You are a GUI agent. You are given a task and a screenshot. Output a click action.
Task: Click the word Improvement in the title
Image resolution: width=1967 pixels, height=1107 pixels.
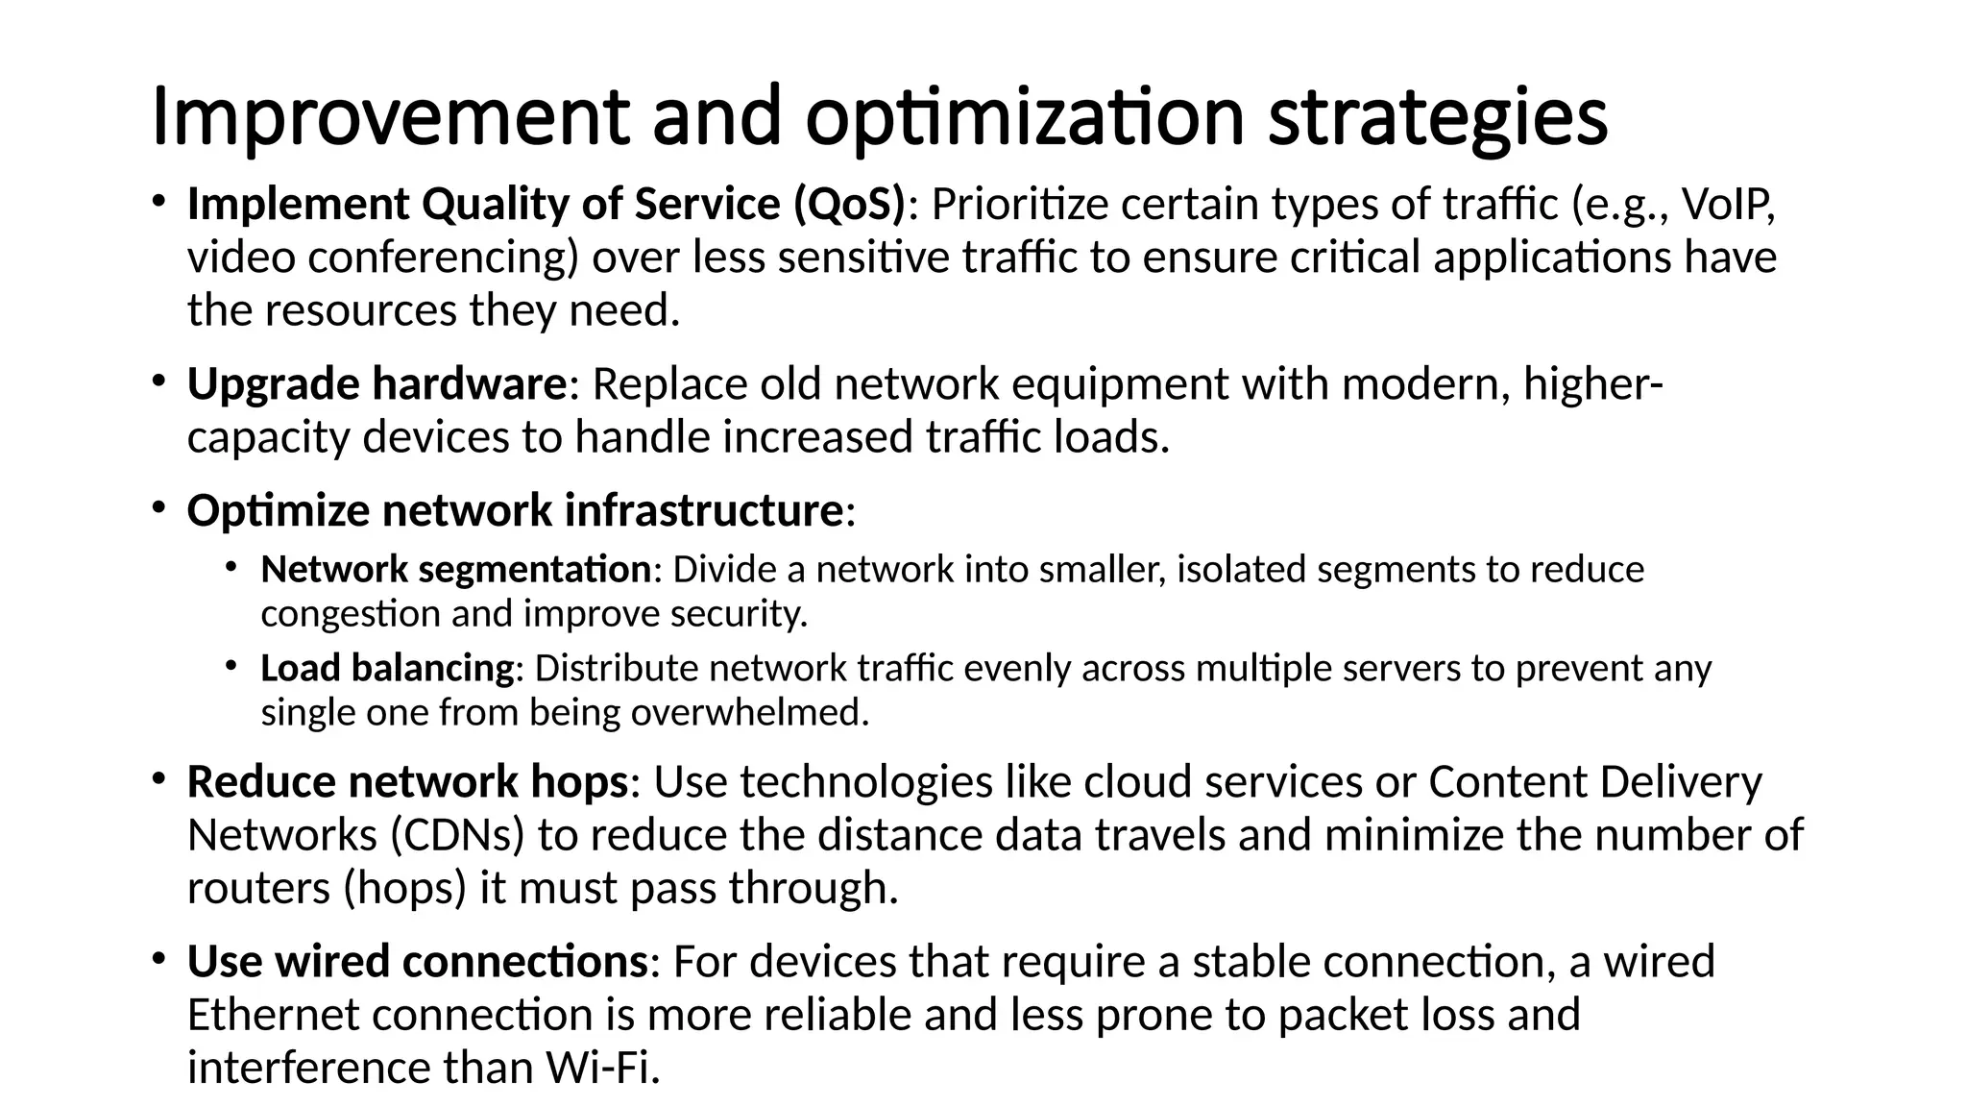(x=390, y=117)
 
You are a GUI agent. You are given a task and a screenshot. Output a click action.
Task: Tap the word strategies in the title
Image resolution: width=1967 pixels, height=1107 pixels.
(x=1437, y=117)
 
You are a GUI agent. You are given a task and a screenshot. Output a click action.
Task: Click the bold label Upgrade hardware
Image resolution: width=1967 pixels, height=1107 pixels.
(x=376, y=384)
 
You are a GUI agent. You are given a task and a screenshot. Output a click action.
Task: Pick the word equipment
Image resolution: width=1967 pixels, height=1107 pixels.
(x=1120, y=384)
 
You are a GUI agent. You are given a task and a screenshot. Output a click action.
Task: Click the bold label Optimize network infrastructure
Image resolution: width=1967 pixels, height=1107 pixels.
(x=515, y=510)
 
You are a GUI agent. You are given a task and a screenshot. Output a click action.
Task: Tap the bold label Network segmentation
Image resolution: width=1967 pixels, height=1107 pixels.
(x=456, y=570)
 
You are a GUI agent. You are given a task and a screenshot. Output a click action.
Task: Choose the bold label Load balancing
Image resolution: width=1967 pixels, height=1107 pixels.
(x=387, y=668)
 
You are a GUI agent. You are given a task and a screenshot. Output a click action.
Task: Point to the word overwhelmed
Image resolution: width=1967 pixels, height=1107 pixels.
(x=748, y=712)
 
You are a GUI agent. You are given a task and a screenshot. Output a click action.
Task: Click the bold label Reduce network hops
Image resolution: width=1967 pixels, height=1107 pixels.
(x=407, y=782)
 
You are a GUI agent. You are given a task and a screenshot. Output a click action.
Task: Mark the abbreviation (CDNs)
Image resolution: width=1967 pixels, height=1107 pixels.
(x=457, y=835)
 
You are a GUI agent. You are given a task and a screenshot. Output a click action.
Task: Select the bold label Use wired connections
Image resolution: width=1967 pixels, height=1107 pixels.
(x=418, y=962)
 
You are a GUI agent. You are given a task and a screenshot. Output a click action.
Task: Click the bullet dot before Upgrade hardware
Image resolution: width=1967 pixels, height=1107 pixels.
(x=158, y=381)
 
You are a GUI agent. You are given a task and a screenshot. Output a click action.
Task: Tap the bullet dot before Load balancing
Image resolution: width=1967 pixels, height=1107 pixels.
(x=231, y=665)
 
